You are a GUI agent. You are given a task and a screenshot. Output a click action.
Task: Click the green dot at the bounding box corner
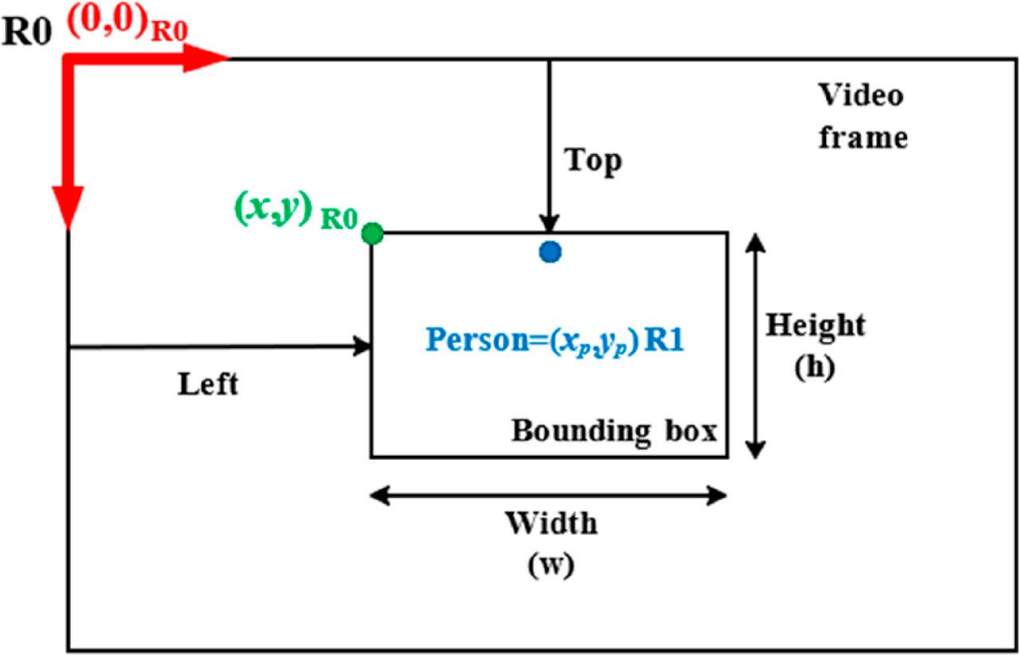coord(372,233)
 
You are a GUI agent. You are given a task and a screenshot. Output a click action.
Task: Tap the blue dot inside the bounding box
coord(550,252)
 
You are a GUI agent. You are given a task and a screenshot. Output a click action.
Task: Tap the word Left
coord(208,385)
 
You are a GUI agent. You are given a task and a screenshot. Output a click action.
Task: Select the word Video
coord(861,96)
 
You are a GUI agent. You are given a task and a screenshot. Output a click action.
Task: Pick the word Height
coord(815,326)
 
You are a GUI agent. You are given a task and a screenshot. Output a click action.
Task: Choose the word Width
coord(551,524)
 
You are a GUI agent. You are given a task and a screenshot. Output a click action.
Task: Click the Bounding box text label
coord(614,431)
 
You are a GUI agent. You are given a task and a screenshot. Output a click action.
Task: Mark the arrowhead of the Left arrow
coord(365,346)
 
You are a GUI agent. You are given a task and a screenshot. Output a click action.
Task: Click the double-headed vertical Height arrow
coord(755,345)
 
